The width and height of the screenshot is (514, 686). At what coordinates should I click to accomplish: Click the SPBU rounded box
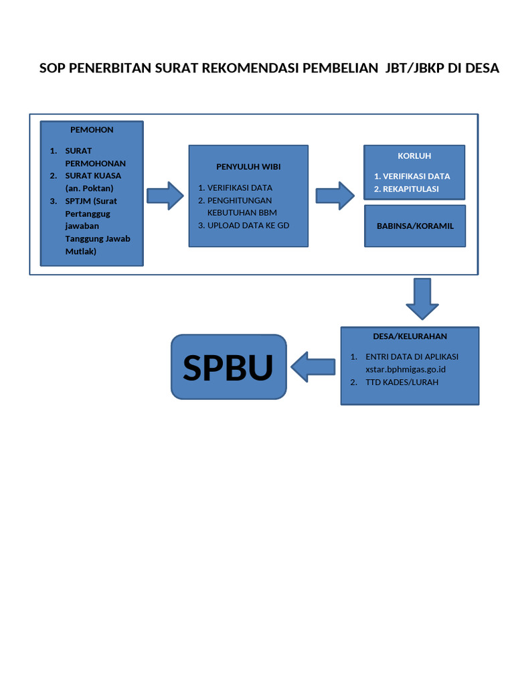coord(228,367)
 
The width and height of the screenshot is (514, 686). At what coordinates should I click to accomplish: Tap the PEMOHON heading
coord(92,130)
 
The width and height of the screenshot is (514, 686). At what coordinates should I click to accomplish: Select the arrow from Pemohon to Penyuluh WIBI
coord(165,196)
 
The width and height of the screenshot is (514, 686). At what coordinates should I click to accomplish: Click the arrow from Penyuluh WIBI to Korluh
coord(335,196)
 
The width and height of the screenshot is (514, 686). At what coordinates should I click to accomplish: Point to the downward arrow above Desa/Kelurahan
coord(422,299)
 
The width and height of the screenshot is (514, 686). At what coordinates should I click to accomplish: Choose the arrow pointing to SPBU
coord(313,367)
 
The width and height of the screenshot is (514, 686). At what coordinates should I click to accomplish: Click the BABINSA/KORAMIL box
coord(415,226)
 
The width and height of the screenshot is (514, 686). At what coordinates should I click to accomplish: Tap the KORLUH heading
coord(414,156)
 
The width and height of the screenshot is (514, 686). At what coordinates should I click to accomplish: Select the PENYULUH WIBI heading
coord(248,166)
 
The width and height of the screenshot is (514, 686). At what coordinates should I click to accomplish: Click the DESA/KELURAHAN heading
coord(410,336)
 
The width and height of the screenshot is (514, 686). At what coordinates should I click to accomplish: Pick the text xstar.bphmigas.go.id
coord(406,369)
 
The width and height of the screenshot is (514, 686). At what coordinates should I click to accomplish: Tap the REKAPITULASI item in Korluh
coord(410,189)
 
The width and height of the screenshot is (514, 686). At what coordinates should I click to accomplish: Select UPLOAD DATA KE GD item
coord(248,226)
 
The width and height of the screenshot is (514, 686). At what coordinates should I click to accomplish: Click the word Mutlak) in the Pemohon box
coord(81,252)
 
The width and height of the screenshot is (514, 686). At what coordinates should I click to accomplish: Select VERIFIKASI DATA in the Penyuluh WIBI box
coord(240,188)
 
